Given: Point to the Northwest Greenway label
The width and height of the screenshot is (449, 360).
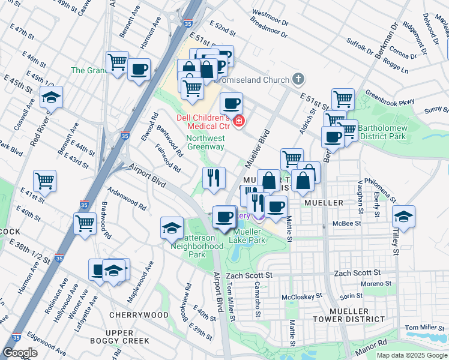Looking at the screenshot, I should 205,142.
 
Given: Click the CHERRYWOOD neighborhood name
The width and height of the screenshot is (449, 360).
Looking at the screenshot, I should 139,315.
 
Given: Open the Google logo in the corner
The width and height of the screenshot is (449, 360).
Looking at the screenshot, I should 20,353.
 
